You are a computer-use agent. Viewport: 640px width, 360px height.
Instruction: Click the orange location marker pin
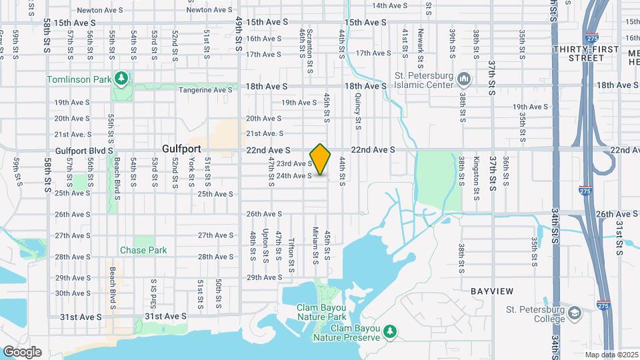click(x=321, y=159)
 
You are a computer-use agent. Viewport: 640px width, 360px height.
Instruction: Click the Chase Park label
click(x=143, y=250)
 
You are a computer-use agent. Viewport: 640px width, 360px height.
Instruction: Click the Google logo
click(x=22, y=352)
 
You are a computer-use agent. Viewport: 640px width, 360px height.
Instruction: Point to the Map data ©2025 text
click(x=610, y=355)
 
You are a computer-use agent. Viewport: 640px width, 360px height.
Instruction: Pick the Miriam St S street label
click(x=314, y=246)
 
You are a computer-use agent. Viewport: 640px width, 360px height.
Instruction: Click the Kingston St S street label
click(x=476, y=178)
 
